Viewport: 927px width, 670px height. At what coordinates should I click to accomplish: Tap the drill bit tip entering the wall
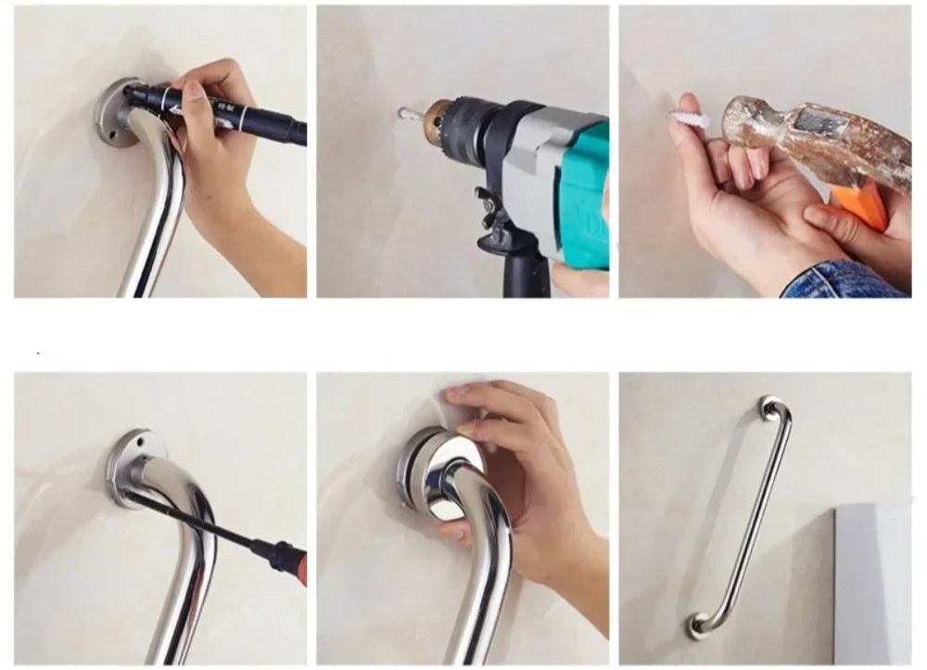405,113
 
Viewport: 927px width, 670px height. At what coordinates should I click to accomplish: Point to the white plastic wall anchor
691,120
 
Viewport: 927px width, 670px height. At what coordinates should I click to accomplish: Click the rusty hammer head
806,139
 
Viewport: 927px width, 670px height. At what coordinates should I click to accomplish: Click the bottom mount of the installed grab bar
697,625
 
